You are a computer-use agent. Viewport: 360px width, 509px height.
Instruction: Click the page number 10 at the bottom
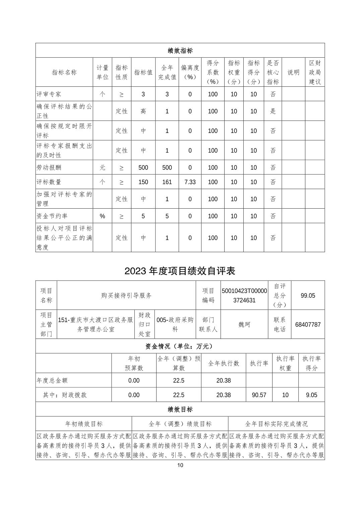[180, 465]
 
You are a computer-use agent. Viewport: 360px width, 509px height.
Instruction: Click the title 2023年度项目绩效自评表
[180, 271]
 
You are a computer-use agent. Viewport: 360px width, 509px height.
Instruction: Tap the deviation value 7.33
[190, 182]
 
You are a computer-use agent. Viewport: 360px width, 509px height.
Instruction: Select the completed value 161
[167, 182]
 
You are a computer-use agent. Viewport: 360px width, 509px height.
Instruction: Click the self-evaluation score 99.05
[308, 295]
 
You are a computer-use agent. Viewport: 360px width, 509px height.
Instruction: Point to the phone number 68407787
[308, 324]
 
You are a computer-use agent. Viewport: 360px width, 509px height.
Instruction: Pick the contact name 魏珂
[244, 324]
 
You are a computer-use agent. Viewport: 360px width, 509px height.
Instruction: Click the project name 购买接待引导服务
[126, 295]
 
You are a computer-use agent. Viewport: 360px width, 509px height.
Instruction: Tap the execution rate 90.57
[259, 395]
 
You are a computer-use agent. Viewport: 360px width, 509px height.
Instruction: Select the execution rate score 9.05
[311, 395]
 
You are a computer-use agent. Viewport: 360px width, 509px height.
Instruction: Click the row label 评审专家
[49, 94]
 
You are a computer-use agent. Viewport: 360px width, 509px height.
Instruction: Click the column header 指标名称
[64, 72]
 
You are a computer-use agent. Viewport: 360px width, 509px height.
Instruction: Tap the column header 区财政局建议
[315, 72]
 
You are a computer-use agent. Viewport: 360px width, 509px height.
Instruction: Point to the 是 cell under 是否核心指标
[273, 111]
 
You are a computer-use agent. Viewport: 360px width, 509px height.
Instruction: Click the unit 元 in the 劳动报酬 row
[102, 167]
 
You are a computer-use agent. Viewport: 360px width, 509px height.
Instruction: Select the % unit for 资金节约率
[102, 216]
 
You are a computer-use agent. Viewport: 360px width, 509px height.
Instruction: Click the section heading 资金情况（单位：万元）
[180, 346]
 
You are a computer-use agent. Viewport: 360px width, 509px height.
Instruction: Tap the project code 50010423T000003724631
[244, 295]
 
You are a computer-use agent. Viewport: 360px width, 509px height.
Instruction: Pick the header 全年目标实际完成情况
[276, 424]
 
